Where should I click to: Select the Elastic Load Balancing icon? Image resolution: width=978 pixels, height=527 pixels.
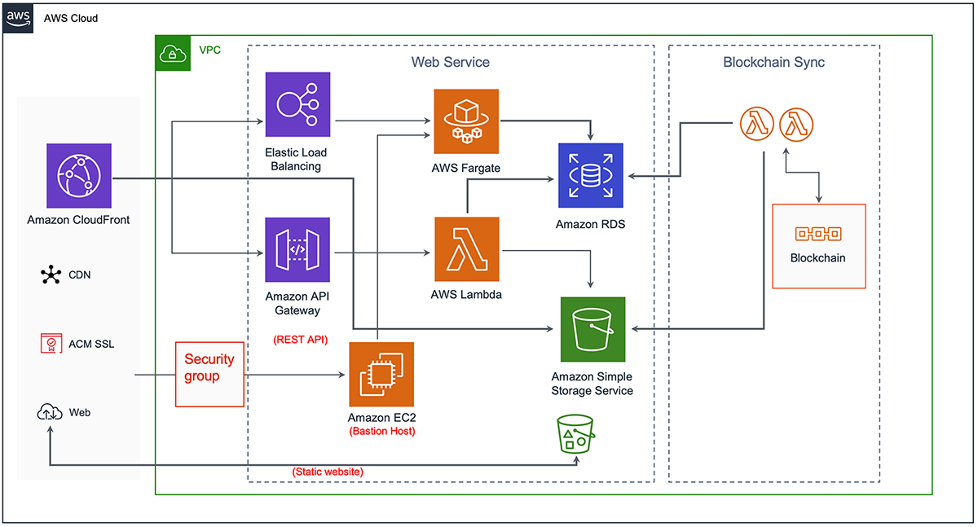[297, 104]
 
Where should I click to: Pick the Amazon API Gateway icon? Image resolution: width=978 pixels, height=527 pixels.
[297, 249]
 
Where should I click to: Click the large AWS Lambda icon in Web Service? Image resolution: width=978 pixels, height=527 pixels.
[467, 249]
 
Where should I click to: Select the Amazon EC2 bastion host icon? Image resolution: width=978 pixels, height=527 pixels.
[381, 374]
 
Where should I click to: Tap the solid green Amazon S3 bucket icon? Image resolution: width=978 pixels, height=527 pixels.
[593, 329]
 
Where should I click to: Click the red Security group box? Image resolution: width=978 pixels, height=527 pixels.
[209, 374]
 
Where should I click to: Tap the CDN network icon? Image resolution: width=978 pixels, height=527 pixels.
[51, 275]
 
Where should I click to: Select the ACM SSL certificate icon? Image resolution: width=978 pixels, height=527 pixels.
[51, 344]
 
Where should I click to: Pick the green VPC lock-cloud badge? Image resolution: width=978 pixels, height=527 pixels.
[173, 53]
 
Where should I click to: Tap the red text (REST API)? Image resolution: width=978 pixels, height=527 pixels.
[300, 340]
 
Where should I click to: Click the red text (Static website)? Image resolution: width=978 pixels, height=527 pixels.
[327, 472]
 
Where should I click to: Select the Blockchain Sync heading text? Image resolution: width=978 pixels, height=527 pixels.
[773, 63]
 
